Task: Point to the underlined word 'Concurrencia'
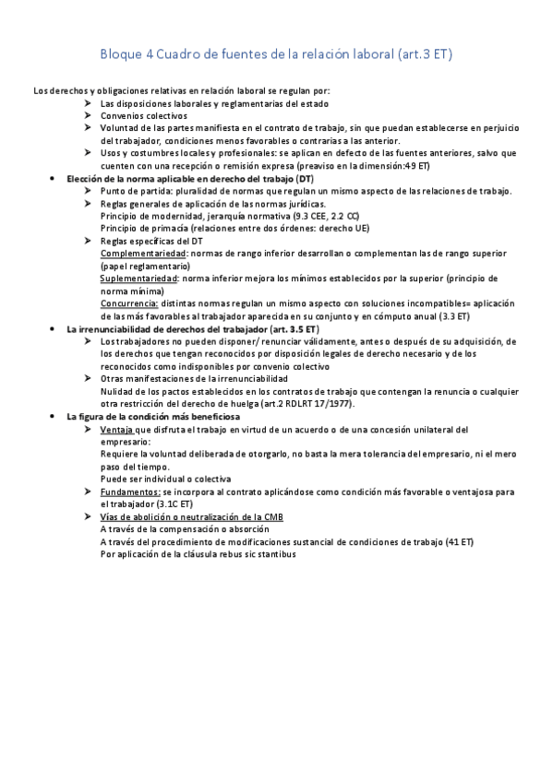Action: coord(128,303)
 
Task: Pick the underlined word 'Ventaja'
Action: coord(116,430)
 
